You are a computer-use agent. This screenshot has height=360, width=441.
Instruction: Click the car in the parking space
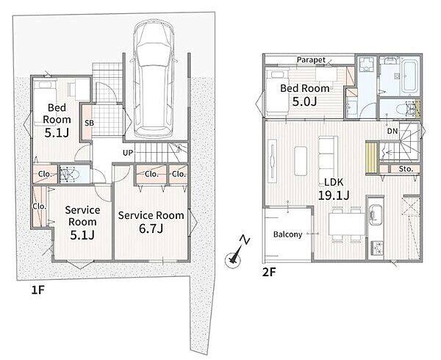coord(154,79)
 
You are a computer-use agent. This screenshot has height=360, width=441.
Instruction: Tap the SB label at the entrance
coord(90,123)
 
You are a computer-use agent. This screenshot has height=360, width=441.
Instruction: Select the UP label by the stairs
coord(128,153)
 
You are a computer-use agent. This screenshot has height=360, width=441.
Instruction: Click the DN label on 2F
coord(392,131)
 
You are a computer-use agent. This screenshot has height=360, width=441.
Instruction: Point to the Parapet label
coord(311,60)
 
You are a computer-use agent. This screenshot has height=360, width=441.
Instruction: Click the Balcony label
coord(287,234)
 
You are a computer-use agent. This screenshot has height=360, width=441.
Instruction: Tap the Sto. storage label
coord(406,169)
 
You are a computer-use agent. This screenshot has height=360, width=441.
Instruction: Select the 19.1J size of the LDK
coord(334,195)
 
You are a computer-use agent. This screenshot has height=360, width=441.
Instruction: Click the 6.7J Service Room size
coord(151,228)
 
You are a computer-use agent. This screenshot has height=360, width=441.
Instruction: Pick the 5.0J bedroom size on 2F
coord(304,101)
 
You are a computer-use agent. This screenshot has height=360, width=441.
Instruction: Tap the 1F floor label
coord(38,290)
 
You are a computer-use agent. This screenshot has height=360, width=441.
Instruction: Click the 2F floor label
coord(269,272)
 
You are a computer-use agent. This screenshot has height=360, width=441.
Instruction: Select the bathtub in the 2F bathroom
coord(410,76)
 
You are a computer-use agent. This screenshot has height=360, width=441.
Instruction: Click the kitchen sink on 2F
coord(375,215)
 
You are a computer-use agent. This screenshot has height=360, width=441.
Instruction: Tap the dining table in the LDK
coord(347,224)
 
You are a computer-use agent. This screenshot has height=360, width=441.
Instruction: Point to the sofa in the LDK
coord(328,160)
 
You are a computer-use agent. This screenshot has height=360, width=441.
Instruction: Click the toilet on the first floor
coord(68,175)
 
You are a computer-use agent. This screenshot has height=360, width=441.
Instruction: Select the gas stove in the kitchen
coord(376,248)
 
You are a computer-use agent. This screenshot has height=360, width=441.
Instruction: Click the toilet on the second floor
coord(406,109)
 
